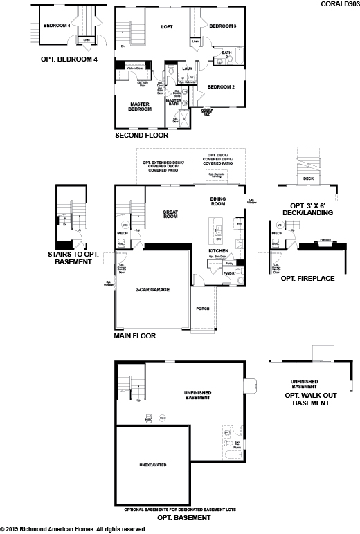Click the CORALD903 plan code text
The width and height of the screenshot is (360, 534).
point(339,3)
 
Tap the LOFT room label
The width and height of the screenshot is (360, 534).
point(166,27)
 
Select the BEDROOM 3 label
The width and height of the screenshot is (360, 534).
point(223,26)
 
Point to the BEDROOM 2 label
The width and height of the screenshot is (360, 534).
point(222,86)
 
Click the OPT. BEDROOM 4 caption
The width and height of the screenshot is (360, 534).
point(71,59)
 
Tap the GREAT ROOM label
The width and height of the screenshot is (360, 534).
point(171,214)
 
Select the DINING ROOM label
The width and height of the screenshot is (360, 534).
point(219,201)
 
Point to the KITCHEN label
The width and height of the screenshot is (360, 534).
point(219,250)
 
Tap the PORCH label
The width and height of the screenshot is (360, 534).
point(203,309)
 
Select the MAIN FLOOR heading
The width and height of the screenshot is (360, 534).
point(135,336)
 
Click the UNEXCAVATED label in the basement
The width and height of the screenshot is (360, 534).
point(154,465)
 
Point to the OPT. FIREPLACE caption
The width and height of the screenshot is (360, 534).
point(307,278)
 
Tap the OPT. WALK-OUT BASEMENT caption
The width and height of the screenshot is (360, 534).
point(307,398)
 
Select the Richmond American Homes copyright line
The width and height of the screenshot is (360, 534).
point(73,529)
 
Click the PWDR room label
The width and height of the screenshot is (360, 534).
point(228,273)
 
